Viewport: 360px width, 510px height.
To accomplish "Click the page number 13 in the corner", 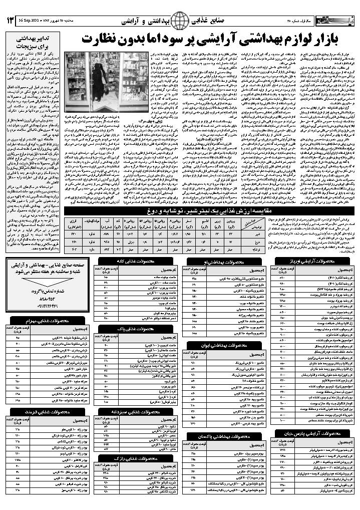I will click(x=10, y=21).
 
